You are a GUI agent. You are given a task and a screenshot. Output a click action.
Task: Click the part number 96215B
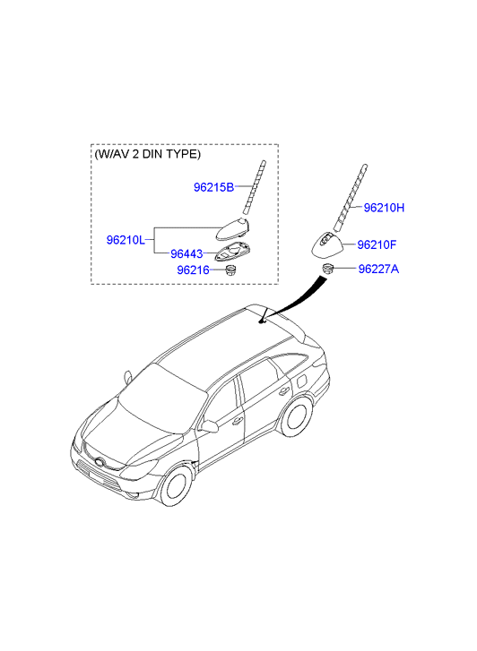[x=213, y=187]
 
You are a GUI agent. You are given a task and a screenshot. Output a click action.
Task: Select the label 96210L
[x=126, y=240]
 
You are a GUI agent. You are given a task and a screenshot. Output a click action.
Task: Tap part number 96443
[x=186, y=253]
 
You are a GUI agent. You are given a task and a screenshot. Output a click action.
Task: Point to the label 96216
[x=193, y=270]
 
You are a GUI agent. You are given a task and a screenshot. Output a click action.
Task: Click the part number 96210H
[x=384, y=208]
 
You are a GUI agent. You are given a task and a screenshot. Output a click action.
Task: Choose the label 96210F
[x=377, y=245]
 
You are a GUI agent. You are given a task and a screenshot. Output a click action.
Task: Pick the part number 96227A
[x=378, y=269]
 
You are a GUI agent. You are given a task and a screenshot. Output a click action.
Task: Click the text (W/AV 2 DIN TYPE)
[x=148, y=154]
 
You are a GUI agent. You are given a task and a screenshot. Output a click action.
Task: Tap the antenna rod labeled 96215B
[x=254, y=188]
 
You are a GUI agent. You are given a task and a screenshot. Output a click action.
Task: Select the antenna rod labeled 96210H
[x=351, y=198]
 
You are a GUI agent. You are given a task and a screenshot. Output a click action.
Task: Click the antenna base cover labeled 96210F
[x=328, y=244]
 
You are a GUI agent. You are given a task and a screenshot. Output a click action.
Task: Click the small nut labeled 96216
[x=229, y=270]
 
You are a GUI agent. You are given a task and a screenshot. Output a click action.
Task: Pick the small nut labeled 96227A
[x=328, y=269]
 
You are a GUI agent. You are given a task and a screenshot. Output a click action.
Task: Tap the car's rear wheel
[x=297, y=415]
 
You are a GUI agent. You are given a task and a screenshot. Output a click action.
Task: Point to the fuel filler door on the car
[x=303, y=380]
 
